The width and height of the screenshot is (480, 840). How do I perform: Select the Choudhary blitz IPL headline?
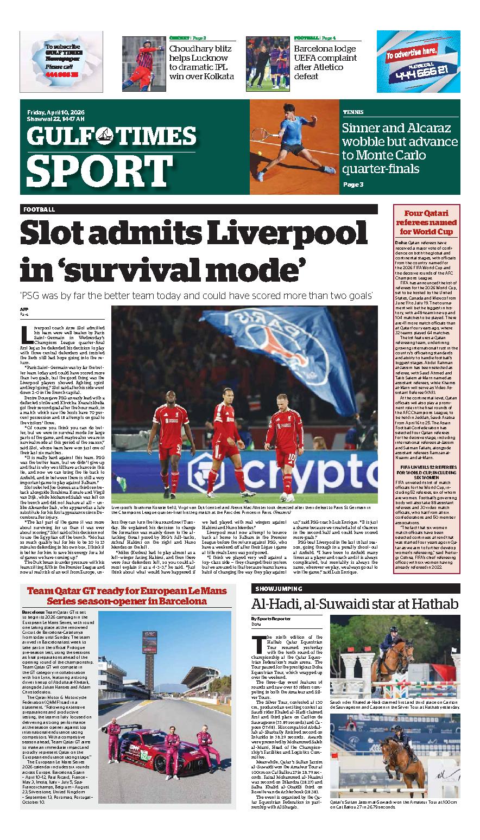(x=201, y=62)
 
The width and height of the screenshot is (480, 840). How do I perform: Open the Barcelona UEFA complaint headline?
(x=325, y=62)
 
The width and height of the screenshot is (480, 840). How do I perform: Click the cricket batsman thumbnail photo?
(x=143, y=62)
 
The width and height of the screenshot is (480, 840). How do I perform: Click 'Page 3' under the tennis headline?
(x=353, y=184)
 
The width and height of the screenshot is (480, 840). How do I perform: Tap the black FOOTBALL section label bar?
(x=199, y=209)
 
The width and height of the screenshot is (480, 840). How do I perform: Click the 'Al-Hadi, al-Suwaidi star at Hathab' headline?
(x=355, y=604)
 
